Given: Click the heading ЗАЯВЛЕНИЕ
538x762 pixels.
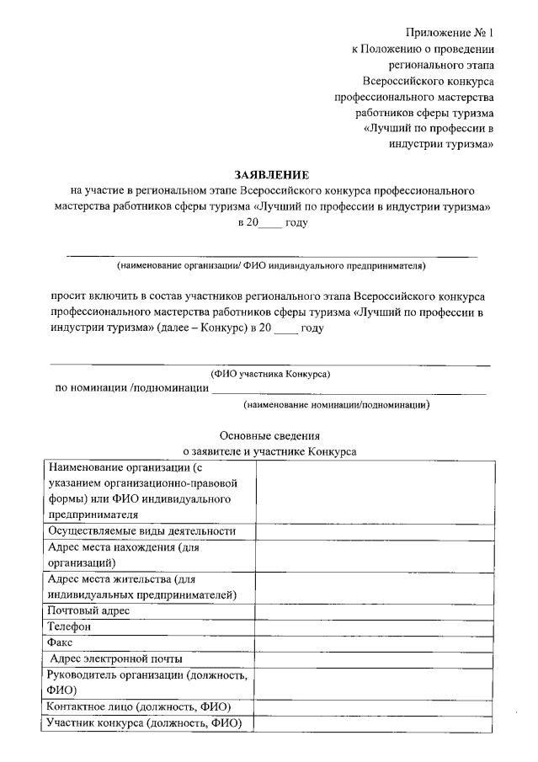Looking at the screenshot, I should click(272, 175).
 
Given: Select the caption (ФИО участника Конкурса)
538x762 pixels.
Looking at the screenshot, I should click(270, 374).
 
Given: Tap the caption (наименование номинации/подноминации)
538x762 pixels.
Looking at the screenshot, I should click(336, 404).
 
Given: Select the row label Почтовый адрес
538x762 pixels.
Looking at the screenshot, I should click(88, 610).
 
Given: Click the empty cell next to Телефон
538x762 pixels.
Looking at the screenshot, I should click(375, 626).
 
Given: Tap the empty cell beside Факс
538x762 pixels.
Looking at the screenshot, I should click(375, 642).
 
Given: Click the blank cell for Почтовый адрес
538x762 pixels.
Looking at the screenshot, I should click(375, 610).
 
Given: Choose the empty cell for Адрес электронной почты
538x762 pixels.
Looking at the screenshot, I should click(375, 658).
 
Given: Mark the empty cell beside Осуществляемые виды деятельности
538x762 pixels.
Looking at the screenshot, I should click(375, 531).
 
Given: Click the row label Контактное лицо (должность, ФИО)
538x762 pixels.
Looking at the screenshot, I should click(139, 706).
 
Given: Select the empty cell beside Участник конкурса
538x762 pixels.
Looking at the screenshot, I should click(375, 722).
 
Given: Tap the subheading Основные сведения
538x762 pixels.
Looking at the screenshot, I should click(270, 435).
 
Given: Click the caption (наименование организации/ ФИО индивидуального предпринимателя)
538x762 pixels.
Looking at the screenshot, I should click(271, 267).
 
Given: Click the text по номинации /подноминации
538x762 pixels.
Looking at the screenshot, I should click(131, 388).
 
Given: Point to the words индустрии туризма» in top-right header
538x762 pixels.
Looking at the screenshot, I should click(440, 144).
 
